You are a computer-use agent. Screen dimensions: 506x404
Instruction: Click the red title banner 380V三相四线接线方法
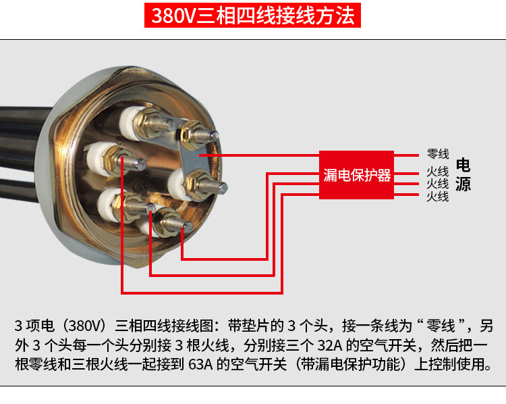[252, 15]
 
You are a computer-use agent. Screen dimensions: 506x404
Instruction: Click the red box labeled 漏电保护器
[357, 175]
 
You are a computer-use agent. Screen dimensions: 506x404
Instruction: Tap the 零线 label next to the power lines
[438, 154]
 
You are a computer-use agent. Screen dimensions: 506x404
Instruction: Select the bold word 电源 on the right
[463, 175]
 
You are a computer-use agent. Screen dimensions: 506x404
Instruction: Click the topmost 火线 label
[438, 172]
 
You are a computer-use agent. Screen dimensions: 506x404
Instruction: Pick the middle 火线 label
[438, 184]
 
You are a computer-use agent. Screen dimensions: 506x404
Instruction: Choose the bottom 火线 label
[438, 196]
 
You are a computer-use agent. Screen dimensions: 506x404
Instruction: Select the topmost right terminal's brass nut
[190, 135]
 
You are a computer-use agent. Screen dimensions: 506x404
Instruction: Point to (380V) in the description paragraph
[84, 326]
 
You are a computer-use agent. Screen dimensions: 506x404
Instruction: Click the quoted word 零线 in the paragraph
[441, 326]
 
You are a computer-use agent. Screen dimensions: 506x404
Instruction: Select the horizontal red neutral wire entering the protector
[259, 155]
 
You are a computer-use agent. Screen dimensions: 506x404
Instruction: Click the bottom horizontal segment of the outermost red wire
[202, 293]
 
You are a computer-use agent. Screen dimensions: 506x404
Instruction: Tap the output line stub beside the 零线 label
[406, 155]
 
